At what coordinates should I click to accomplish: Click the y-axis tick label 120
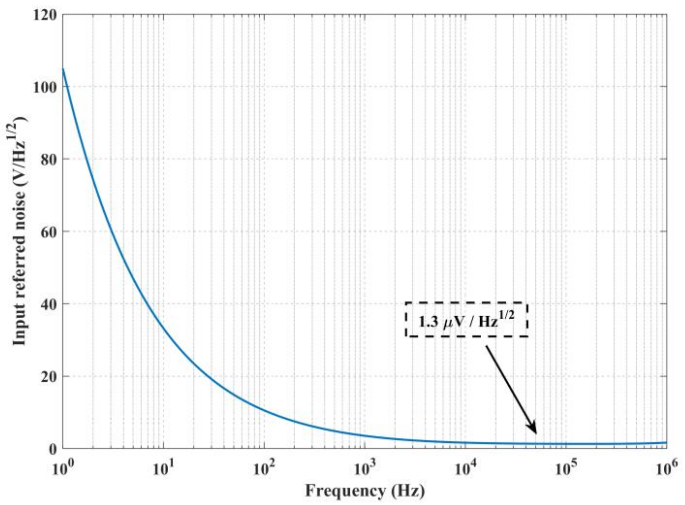click(x=45, y=15)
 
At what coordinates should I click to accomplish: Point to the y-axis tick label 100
click(x=45, y=87)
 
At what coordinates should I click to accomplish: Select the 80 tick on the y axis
click(x=49, y=160)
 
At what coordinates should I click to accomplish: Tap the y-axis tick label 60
click(x=49, y=232)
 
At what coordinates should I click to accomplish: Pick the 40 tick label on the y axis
click(x=49, y=304)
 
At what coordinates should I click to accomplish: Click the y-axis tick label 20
click(x=49, y=377)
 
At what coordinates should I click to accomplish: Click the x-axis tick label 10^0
click(x=63, y=468)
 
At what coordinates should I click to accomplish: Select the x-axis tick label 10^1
click(x=163, y=468)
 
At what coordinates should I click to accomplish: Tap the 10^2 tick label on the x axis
click(x=264, y=468)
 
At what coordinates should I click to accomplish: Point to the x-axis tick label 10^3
click(x=365, y=468)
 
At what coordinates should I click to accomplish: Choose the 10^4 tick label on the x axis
click(x=466, y=468)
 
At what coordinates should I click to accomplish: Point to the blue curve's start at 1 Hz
click(x=63, y=69)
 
